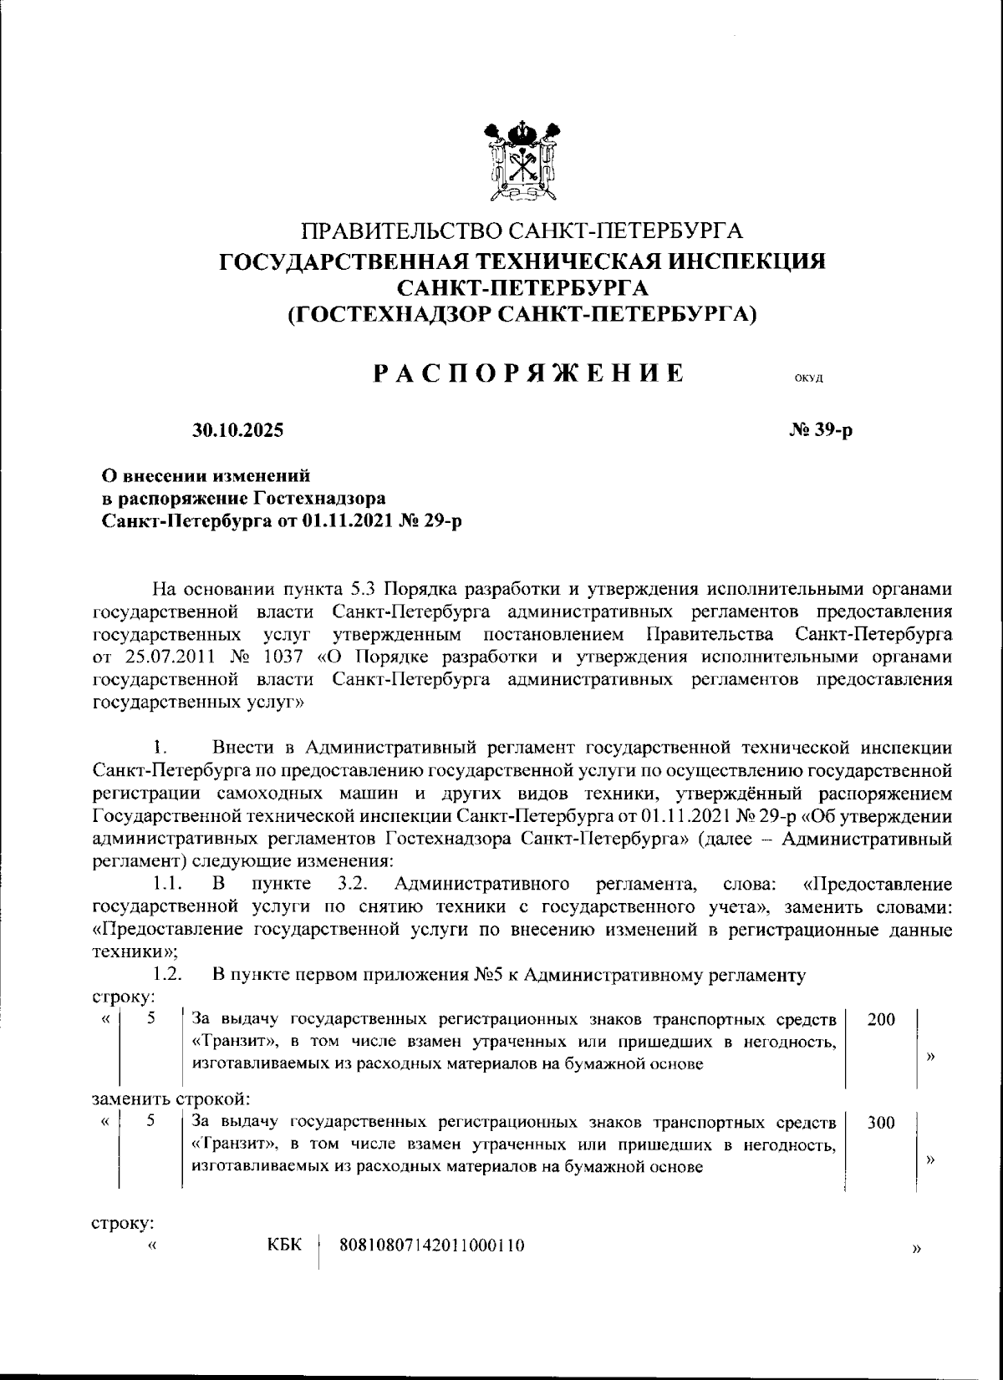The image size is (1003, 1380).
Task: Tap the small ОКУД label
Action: [808, 378]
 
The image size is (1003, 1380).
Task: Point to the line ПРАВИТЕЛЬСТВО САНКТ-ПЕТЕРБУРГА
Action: [522, 230]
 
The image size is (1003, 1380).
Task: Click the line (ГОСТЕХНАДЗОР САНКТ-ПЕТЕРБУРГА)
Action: [522, 314]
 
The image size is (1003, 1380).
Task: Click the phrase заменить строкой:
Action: [171, 1098]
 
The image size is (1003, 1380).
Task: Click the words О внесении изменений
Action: [206, 476]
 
